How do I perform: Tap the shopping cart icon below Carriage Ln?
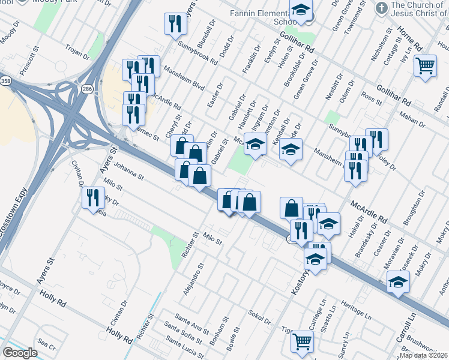302,341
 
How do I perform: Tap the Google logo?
20,353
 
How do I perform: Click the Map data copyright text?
424,355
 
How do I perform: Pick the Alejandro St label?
194,278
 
